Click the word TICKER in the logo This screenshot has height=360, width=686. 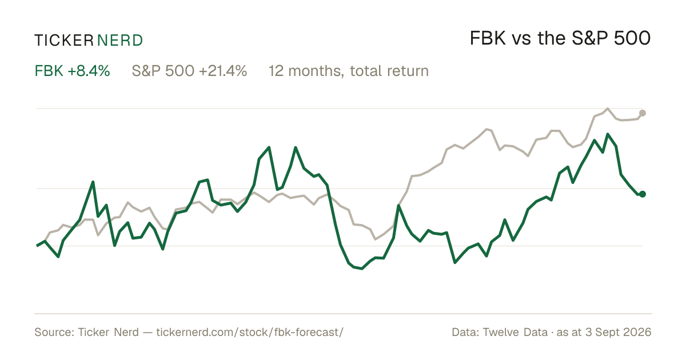(x=64, y=41)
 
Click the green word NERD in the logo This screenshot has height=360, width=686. (x=120, y=41)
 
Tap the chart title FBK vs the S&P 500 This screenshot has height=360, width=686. (x=560, y=38)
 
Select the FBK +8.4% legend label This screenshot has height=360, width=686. (x=72, y=71)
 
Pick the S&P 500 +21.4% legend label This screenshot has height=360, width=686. (x=189, y=71)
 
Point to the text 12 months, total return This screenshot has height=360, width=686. (x=349, y=71)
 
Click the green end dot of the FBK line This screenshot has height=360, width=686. (x=643, y=194)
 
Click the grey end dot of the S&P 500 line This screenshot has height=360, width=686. (x=643, y=113)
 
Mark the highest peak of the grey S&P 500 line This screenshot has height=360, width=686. (x=608, y=109)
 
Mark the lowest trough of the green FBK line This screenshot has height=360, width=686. (x=362, y=269)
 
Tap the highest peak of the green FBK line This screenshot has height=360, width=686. (x=608, y=134)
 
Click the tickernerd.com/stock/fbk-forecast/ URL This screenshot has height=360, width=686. (x=250, y=332)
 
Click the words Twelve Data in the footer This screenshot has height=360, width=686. (x=515, y=332)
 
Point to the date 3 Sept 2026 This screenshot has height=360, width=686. (x=619, y=332)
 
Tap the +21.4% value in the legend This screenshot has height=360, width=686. (x=223, y=71)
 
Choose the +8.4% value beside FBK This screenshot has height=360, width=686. (x=89, y=71)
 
